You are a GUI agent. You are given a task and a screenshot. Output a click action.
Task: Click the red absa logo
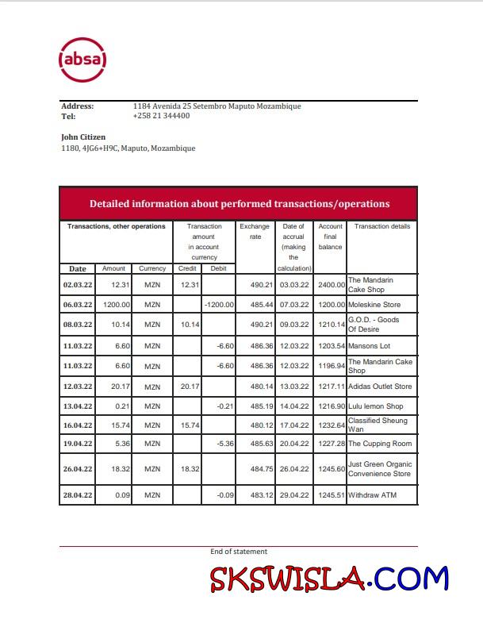[x=82, y=60]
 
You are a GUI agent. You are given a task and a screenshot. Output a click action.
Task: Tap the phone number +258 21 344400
[x=161, y=116]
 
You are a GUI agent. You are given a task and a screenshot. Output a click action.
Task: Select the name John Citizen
[x=83, y=137]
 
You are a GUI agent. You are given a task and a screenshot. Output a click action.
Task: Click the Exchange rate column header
[x=255, y=231]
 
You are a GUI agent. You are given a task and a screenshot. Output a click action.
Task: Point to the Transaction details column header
[x=381, y=226]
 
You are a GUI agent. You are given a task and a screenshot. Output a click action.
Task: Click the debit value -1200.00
[x=219, y=305]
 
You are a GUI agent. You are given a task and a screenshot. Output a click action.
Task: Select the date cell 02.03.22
[x=78, y=284]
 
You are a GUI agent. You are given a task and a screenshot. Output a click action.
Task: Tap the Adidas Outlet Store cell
[x=380, y=387]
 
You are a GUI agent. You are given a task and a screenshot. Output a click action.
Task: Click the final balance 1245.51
[x=331, y=495]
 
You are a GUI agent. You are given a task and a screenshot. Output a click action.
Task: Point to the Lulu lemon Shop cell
[x=376, y=406]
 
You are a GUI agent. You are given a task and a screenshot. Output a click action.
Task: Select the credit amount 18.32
[x=189, y=469]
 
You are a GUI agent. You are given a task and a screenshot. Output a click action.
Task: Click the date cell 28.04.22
[x=78, y=495]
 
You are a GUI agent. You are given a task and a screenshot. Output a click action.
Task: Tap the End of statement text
[x=239, y=552]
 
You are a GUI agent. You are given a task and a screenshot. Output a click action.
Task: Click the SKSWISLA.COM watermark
[x=328, y=579]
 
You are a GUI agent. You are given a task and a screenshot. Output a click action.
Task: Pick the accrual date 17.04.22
[x=293, y=425]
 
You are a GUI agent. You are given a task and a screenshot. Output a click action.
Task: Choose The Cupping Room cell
[x=380, y=444]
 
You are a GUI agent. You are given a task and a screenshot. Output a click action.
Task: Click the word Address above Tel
[x=78, y=106]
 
